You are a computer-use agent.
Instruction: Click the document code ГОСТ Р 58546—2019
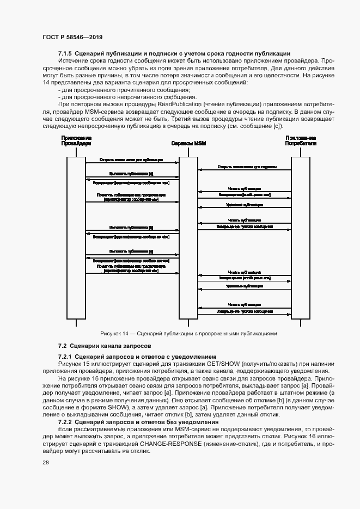72,37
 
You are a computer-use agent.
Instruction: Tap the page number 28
46,462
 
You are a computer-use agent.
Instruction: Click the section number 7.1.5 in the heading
65,53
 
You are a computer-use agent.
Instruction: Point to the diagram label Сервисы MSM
188,144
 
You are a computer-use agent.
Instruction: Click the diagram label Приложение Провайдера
76,141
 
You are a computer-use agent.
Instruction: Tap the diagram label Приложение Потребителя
301,141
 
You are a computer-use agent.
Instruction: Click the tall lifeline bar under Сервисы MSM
188,240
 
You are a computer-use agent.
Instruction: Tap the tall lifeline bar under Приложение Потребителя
300,240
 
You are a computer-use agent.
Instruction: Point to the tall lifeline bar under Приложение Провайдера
76,240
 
